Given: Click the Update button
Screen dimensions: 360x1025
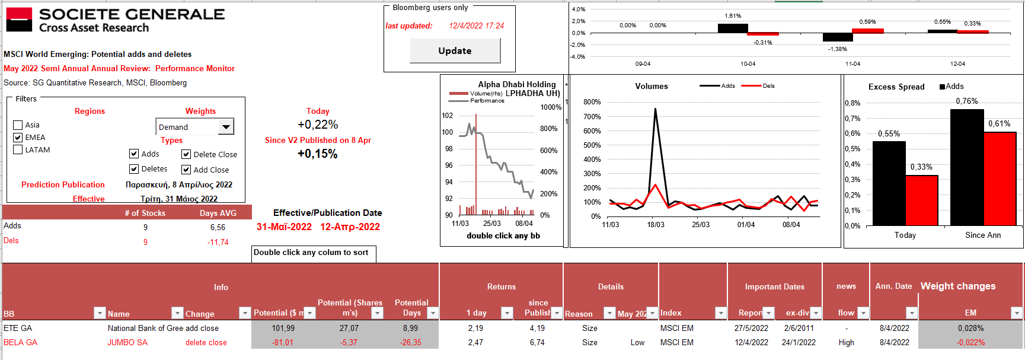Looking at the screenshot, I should point(455,51).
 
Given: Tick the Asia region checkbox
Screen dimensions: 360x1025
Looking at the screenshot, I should point(18,125).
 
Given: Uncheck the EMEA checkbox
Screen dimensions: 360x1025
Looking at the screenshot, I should point(18,138).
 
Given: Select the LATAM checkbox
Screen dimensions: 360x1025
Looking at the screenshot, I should point(18,150).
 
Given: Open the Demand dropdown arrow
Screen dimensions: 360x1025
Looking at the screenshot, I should point(226,127).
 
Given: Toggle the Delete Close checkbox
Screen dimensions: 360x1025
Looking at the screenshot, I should point(186,154).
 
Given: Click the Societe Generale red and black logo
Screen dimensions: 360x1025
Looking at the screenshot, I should point(19,20).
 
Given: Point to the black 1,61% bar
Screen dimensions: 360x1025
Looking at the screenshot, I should point(733,28).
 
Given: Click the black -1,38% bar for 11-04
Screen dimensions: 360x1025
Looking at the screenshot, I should point(838,37).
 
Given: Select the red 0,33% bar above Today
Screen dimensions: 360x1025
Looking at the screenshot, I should point(921,200).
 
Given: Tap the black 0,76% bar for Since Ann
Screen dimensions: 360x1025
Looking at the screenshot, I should point(966,167).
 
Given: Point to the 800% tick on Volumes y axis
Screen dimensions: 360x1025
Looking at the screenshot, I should point(592,102).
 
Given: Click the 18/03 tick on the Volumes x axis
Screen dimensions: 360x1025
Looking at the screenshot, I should point(656,225).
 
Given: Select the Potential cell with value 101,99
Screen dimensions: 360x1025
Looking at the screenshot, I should point(283,329).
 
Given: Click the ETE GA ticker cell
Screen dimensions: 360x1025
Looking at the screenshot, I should point(18,329).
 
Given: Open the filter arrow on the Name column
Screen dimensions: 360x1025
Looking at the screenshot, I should point(177,313).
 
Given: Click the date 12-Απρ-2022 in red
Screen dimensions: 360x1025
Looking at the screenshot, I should point(350,227).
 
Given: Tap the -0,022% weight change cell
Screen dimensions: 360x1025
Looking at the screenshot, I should point(970,343).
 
